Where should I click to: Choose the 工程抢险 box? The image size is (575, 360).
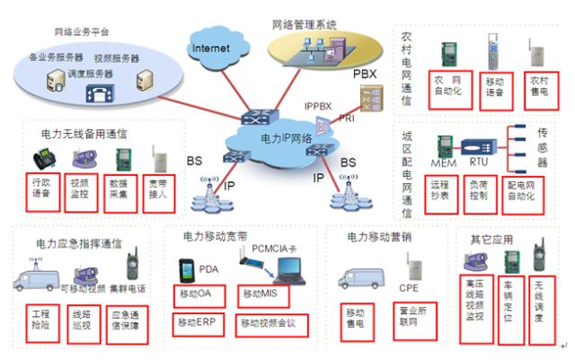click(x=40, y=320)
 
